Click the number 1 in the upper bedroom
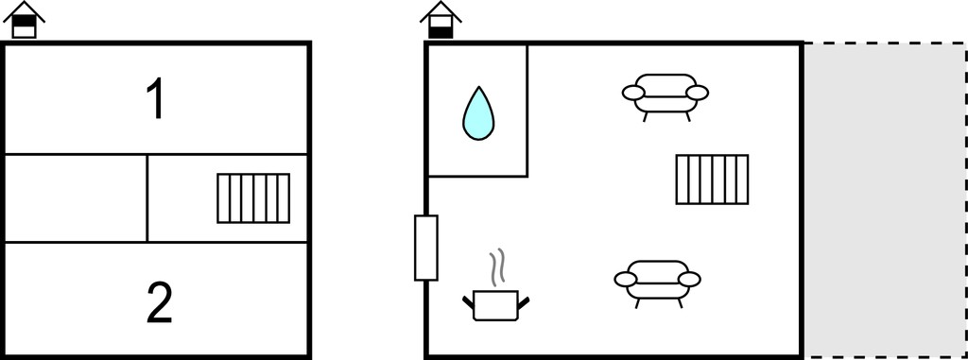[157, 100]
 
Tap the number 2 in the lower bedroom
[159, 302]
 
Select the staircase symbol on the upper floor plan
[253, 198]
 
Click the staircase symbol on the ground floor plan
[713, 180]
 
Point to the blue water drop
[478, 113]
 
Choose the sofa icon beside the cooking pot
[658, 283]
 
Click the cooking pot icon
[495, 304]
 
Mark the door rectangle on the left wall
[426, 248]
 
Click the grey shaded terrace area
[885, 200]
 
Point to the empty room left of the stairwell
[76, 198]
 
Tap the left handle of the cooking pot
[469, 302]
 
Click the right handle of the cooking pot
[524, 302]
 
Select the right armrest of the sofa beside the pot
[689, 280]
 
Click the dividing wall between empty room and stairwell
[147, 198]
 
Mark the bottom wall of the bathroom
[477, 177]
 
